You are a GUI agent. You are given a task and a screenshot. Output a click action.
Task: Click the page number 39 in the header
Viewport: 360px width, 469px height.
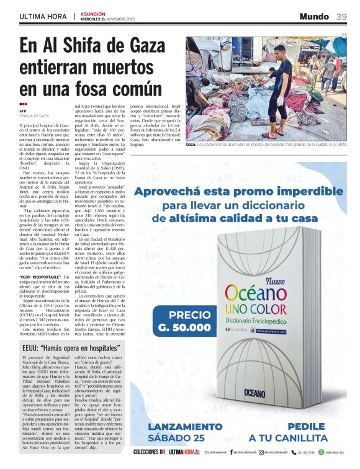click(x=341, y=16)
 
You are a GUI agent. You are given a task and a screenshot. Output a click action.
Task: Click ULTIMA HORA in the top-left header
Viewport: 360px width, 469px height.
click(x=43, y=16)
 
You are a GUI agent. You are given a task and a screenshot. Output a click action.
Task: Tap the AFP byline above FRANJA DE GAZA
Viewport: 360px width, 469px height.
click(x=23, y=111)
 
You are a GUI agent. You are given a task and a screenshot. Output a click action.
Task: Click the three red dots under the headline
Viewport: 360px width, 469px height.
click(x=23, y=104)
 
